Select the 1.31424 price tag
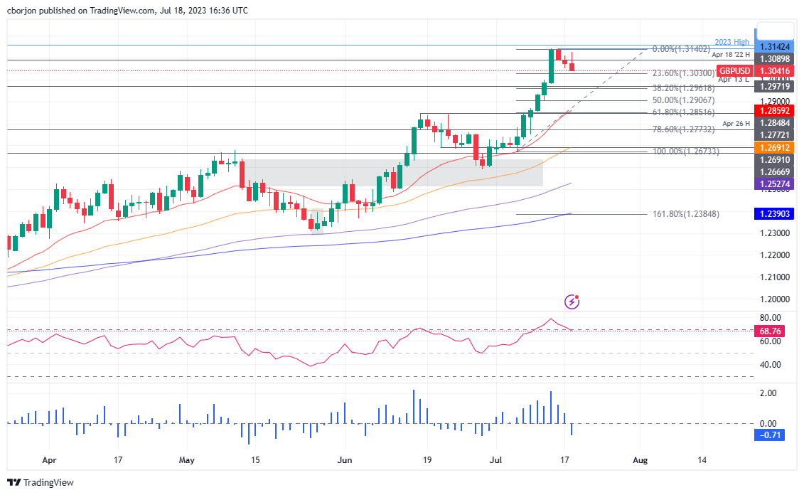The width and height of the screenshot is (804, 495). click(772, 46)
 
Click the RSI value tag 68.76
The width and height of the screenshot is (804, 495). click(771, 331)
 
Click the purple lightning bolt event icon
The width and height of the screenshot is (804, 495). click(572, 302)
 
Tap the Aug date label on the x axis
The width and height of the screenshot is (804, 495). click(640, 460)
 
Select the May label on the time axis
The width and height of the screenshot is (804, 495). click(186, 460)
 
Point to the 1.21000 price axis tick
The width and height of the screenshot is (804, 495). click(772, 277)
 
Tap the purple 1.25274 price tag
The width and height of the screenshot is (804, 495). click(772, 183)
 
